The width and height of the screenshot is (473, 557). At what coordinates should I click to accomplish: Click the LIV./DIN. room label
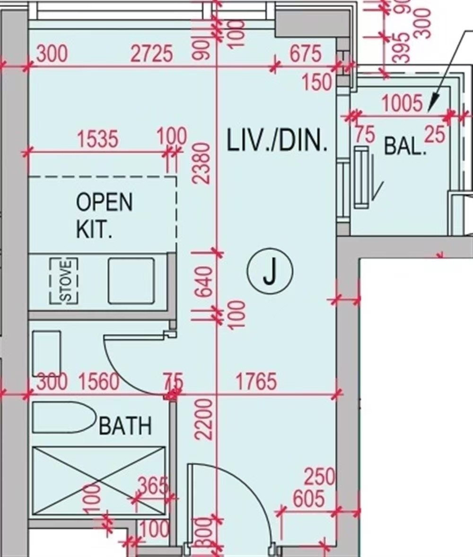pyautogui.click(x=277, y=142)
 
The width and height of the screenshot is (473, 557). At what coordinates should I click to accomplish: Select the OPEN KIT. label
pyautogui.click(x=104, y=215)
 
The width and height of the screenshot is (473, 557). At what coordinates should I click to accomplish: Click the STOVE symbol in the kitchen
pyautogui.click(x=64, y=281)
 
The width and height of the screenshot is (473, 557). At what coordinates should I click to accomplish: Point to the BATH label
pyautogui.click(x=125, y=426)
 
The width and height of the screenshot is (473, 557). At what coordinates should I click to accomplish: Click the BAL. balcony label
pyautogui.click(x=405, y=147)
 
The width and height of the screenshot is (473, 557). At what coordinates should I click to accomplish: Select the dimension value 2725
pyautogui.click(x=152, y=54)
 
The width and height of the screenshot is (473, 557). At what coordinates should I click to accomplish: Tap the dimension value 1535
pyautogui.click(x=98, y=140)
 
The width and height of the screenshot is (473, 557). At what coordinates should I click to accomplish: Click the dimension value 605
pyautogui.click(x=308, y=499)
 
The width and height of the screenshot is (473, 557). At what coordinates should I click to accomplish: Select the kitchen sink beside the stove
pyautogui.click(x=131, y=281)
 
